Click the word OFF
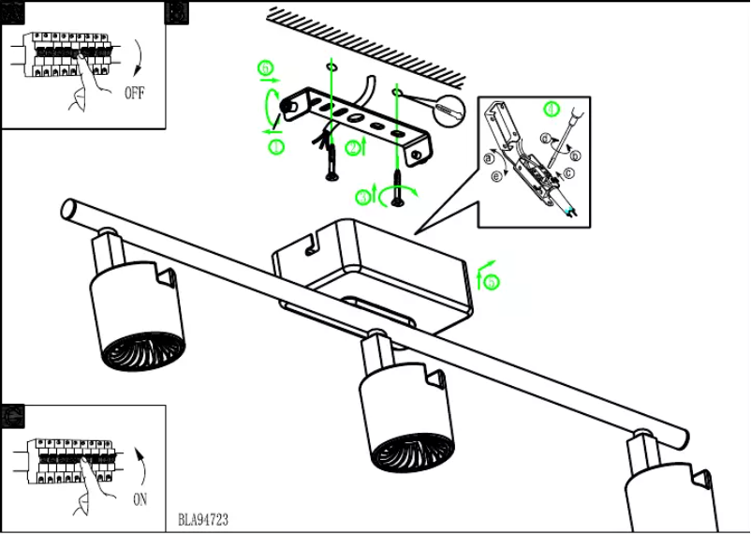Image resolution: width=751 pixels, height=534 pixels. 135,94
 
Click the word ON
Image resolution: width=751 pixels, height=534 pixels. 140,499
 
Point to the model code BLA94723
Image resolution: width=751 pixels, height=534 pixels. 202,519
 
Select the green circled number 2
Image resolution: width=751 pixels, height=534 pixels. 352,147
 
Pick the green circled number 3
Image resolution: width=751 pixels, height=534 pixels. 364,197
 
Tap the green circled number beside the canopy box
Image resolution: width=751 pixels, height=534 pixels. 493,280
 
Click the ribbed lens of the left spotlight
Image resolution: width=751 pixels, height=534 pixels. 140,349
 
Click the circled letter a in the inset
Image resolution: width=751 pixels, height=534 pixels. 489,158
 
